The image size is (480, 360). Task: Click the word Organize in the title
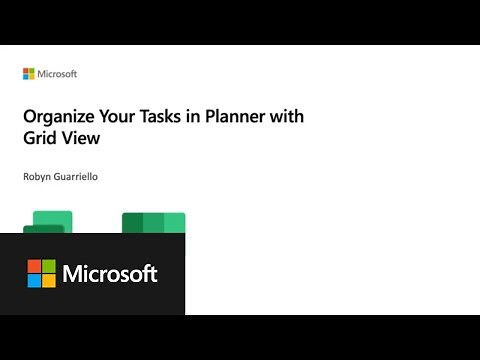coord(59,117)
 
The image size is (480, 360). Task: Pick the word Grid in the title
coord(40,140)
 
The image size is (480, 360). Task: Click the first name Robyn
coord(40,177)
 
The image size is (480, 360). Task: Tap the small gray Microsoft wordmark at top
coord(56,74)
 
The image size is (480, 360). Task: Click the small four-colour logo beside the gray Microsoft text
coord(28,74)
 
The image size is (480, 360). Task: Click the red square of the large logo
coord(34,266)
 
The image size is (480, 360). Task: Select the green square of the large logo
coord(49,266)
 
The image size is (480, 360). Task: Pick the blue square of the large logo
coord(34,281)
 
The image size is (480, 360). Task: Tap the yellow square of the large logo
coord(49,281)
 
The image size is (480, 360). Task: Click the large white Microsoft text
coord(110,274)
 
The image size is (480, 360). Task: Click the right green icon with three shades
coord(154,222)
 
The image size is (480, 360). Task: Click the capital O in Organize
coord(30,117)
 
